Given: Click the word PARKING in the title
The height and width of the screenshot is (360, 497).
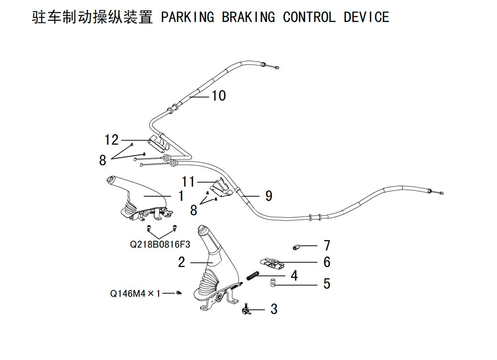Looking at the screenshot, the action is pyautogui.click(x=187, y=17).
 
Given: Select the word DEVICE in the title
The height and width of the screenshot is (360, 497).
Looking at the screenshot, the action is pyautogui.click(x=366, y=17).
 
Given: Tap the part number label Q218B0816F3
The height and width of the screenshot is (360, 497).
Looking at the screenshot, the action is pyautogui.click(x=160, y=244).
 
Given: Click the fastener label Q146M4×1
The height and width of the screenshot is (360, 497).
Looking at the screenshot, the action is pyautogui.click(x=135, y=293).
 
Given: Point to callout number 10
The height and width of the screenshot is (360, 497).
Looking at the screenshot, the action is pyautogui.click(x=219, y=96).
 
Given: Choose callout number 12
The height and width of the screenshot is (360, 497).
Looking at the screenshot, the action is pyautogui.click(x=111, y=140).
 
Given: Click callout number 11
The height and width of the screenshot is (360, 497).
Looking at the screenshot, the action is pyautogui.click(x=188, y=182).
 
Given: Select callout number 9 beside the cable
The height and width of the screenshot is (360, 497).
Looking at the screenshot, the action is pyautogui.click(x=269, y=196).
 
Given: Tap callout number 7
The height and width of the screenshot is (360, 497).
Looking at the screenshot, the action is pyautogui.click(x=327, y=246).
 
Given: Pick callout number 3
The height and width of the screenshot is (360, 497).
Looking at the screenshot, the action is pyautogui.click(x=274, y=309).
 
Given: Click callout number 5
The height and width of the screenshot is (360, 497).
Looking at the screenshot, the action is pyautogui.click(x=327, y=283).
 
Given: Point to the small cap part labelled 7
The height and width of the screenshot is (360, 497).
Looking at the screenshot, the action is pyautogui.click(x=296, y=247).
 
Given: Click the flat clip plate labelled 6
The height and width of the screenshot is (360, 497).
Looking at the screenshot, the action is pyautogui.click(x=272, y=263).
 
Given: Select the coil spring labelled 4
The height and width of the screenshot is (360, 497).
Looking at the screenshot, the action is pyautogui.click(x=253, y=275).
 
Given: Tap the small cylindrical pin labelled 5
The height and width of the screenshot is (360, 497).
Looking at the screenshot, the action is pyautogui.click(x=272, y=282).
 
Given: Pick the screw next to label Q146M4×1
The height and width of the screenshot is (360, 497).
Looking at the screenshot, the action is pyautogui.click(x=179, y=293).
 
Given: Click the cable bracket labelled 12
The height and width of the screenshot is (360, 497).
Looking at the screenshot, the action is pyautogui.click(x=159, y=143).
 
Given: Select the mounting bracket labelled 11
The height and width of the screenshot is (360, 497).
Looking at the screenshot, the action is pyautogui.click(x=221, y=188).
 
